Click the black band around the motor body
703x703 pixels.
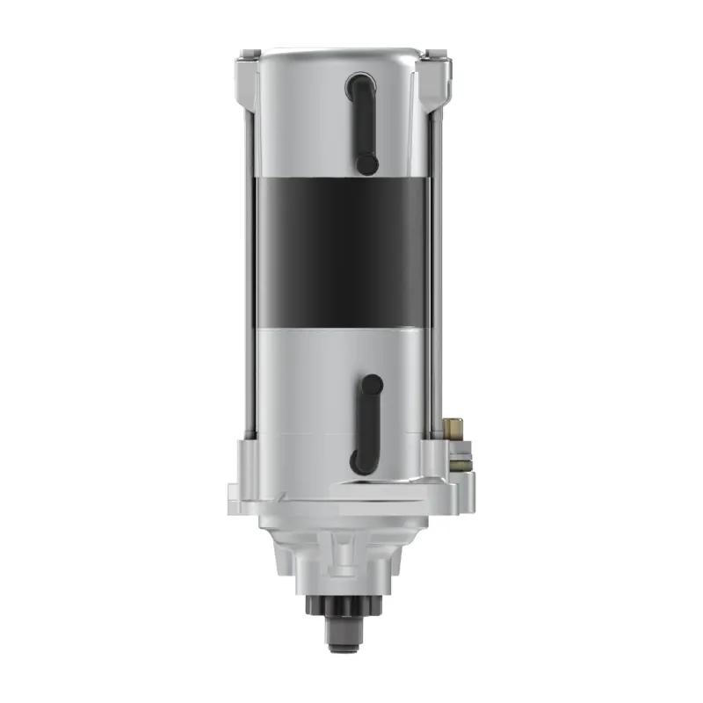click(343, 250)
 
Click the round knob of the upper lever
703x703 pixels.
click(367, 164)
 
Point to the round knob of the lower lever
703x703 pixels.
click(373, 384)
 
